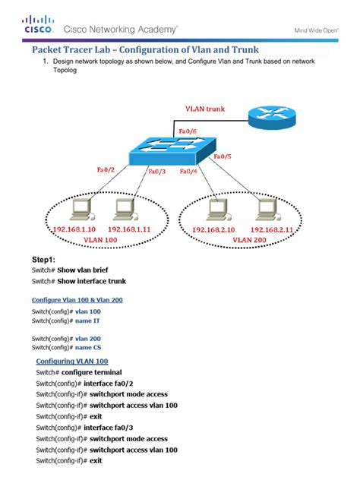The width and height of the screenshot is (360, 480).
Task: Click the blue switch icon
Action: coord(172,151)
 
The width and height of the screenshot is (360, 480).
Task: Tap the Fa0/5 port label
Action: coord(223,156)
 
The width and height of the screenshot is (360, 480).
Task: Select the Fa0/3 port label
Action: coord(158,172)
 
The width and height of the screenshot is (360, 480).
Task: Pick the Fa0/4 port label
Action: coord(190,172)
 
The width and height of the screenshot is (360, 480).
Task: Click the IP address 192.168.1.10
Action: coord(74,228)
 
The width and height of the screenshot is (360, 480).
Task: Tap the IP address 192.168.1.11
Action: coord(130,228)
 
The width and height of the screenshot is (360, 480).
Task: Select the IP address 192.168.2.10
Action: coord(213,229)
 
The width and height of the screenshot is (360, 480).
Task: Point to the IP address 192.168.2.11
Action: coord(271,229)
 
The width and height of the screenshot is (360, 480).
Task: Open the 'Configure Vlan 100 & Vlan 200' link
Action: coord(77,300)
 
